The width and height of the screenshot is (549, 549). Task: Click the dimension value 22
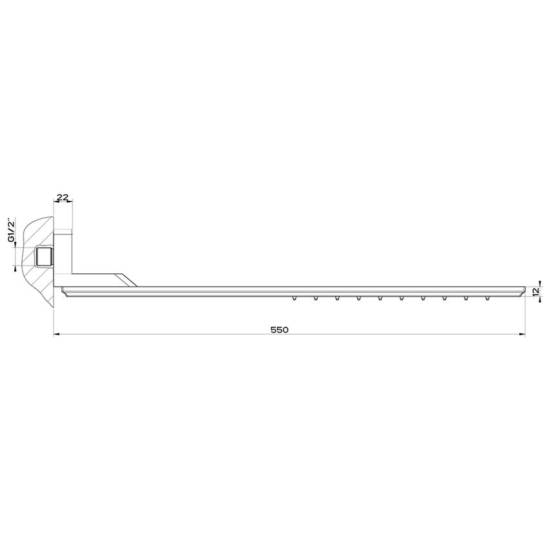pyautogui.click(x=63, y=196)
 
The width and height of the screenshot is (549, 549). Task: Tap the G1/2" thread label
pyautogui.click(x=11, y=231)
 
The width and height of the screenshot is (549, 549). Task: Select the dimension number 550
pyautogui.click(x=278, y=329)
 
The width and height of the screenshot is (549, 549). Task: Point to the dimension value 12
pyautogui.click(x=535, y=292)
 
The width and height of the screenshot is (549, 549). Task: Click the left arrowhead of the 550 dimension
pyautogui.click(x=56, y=335)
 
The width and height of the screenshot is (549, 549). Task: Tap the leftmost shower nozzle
pyautogui.click(x=295, y=298)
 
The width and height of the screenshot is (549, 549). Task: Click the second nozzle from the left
pyautogui.click(x=316, y=298)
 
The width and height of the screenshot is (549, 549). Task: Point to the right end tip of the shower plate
pyautogui.click(x=523, y=288)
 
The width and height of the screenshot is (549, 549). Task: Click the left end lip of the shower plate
pyautogui.click(x=61, y=290)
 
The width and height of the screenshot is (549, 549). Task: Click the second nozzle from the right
pyautogui.click(x=465, y=298)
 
